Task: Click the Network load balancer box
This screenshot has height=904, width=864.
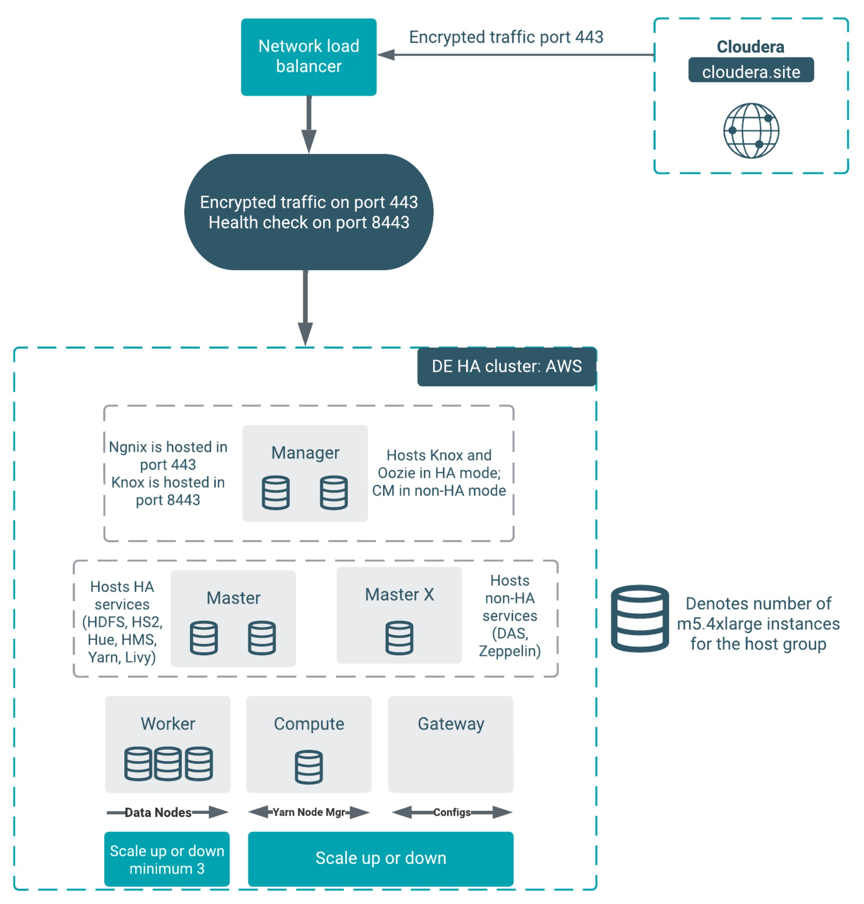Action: point(308,57)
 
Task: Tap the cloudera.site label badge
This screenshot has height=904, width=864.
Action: point(751,71)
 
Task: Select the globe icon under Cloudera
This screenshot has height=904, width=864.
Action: point(751,131)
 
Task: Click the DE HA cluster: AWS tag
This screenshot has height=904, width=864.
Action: point(506,366)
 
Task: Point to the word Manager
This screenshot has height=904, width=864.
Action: point(305,453)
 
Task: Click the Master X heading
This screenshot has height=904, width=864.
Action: point(399,595)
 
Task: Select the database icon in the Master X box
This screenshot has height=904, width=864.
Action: point(399,638)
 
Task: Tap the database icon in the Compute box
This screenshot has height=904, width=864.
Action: point(308,767)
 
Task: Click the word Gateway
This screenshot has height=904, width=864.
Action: point(450,724)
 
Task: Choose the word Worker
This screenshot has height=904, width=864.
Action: point(167,724)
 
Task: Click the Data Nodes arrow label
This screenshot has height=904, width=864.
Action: point(158,812)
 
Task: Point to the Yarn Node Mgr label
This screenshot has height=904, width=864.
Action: point(308,812)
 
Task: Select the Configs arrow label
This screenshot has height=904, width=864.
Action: point(451,812)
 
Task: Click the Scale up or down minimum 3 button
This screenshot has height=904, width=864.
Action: point(167,859)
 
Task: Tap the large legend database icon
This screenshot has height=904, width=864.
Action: point(639,618)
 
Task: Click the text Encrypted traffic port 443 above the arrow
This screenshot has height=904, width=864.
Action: point(506,37)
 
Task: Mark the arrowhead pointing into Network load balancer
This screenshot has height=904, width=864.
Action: point(386,55)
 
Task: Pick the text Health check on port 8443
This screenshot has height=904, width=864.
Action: point(308,222)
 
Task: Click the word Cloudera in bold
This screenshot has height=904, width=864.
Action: point(750,46)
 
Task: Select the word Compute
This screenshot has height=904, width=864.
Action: point(308,724)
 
